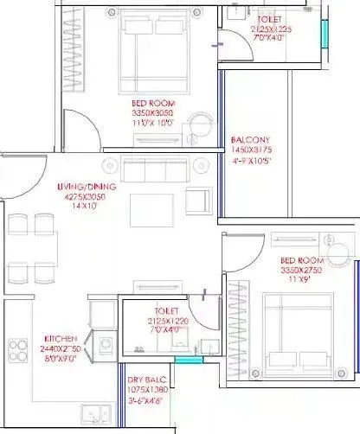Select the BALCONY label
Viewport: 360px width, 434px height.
pos(251,141)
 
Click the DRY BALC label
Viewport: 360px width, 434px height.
pos(145,381)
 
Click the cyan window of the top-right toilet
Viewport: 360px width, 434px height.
pos(325,35)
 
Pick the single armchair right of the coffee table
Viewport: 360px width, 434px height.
pos(199,201)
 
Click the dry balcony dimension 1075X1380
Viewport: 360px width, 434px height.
pos(145,391)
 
